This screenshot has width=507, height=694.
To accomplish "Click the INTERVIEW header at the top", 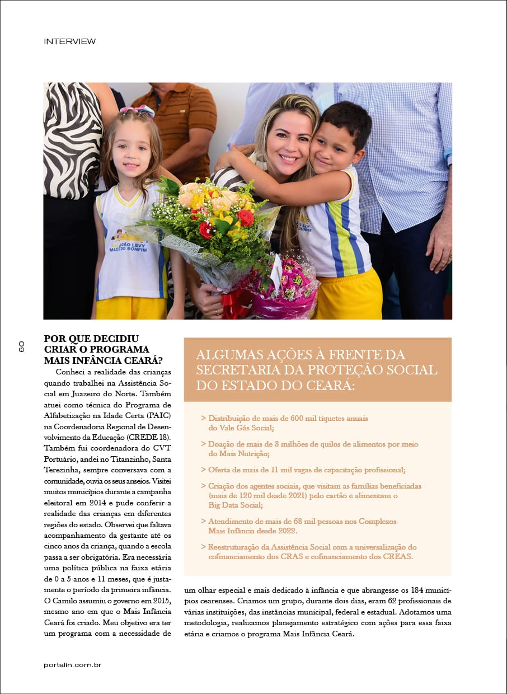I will [x=69, y=41].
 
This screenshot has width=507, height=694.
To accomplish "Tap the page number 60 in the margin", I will [x=21, y=346].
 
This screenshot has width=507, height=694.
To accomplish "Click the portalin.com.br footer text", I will [x=72, y=664].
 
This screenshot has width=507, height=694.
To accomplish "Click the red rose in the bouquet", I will [x=245, y=217].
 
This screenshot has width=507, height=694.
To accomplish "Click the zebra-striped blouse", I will [x=73, y=140].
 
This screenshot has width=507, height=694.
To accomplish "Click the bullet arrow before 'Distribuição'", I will [x=203, y=418].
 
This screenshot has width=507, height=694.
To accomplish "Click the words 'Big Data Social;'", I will [x=236, y=505].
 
